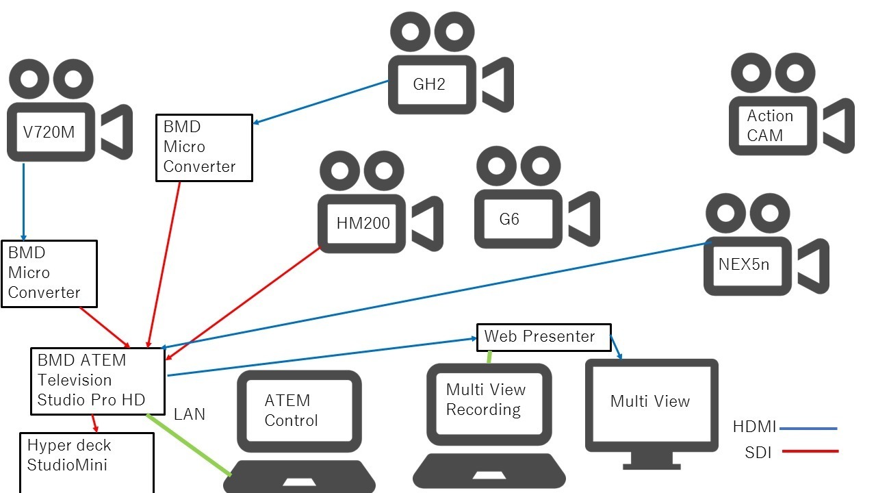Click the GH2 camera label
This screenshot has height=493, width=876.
pos(429,84)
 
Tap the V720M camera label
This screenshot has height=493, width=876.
pos(49,132)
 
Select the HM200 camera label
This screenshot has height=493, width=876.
pos(363,223)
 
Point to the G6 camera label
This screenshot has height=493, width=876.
pos(509,219)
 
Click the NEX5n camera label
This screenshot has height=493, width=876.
pos(744,264)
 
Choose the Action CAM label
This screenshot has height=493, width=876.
pos(770,125)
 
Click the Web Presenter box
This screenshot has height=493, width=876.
pos(544,338)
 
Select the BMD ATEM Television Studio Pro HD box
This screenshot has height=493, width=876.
pos(98,381)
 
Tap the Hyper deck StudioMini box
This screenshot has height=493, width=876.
pos(87,462)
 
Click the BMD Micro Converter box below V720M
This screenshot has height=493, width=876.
pos(49,274)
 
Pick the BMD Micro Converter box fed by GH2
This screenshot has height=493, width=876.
pos(204,148)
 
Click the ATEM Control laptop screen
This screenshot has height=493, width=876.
pos(299,411)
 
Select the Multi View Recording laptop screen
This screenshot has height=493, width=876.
pos(489,404)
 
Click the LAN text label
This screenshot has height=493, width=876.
pos(190,414)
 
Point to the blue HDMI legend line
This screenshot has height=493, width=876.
pos(808,429)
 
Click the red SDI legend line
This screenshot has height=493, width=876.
pos(810,451)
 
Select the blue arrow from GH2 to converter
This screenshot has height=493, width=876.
pos(321,102)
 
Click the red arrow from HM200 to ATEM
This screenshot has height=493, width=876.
pos(242,303)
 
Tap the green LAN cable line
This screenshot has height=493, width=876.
pos(188,445)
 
